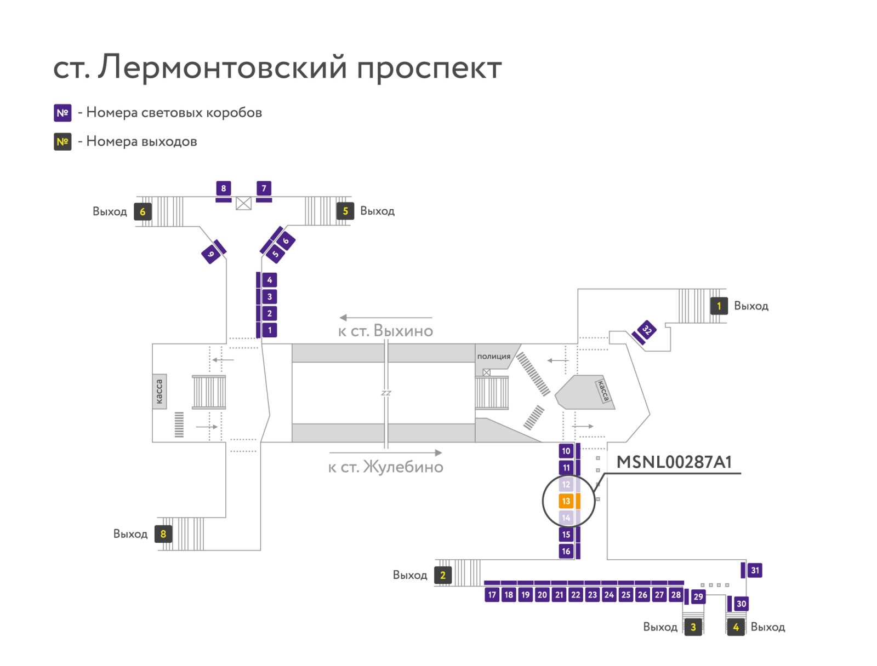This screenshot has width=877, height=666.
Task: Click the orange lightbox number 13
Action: point(566,501)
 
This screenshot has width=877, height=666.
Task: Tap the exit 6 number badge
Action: point(143,211)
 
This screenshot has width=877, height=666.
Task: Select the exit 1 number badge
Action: point(719,306)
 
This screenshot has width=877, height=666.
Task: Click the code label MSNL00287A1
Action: point(674,462)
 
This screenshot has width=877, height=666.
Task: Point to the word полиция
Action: point(493,357)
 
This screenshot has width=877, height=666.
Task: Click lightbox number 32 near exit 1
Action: point(647,330)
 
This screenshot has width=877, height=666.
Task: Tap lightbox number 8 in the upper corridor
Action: point(223,188)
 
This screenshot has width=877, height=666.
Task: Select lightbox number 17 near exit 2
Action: point(492,595)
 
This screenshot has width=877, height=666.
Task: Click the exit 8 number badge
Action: point(163,534)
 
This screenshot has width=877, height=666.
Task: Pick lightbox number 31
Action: point(755,570)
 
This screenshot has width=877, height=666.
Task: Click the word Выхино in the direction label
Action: point(403,331)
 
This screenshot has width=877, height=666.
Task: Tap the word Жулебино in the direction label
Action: point(403,467)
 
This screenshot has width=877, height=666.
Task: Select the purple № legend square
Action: point(62,113)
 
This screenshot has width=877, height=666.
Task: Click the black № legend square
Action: point(62,142)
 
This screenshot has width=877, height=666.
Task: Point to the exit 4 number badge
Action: point(736,627)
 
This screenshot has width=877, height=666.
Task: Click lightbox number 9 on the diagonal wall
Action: point(210,254)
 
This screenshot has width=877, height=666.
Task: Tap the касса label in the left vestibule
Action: point(160,391)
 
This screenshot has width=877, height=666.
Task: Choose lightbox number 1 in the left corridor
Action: point(270,330)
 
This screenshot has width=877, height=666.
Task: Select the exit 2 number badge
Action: point(443,575)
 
